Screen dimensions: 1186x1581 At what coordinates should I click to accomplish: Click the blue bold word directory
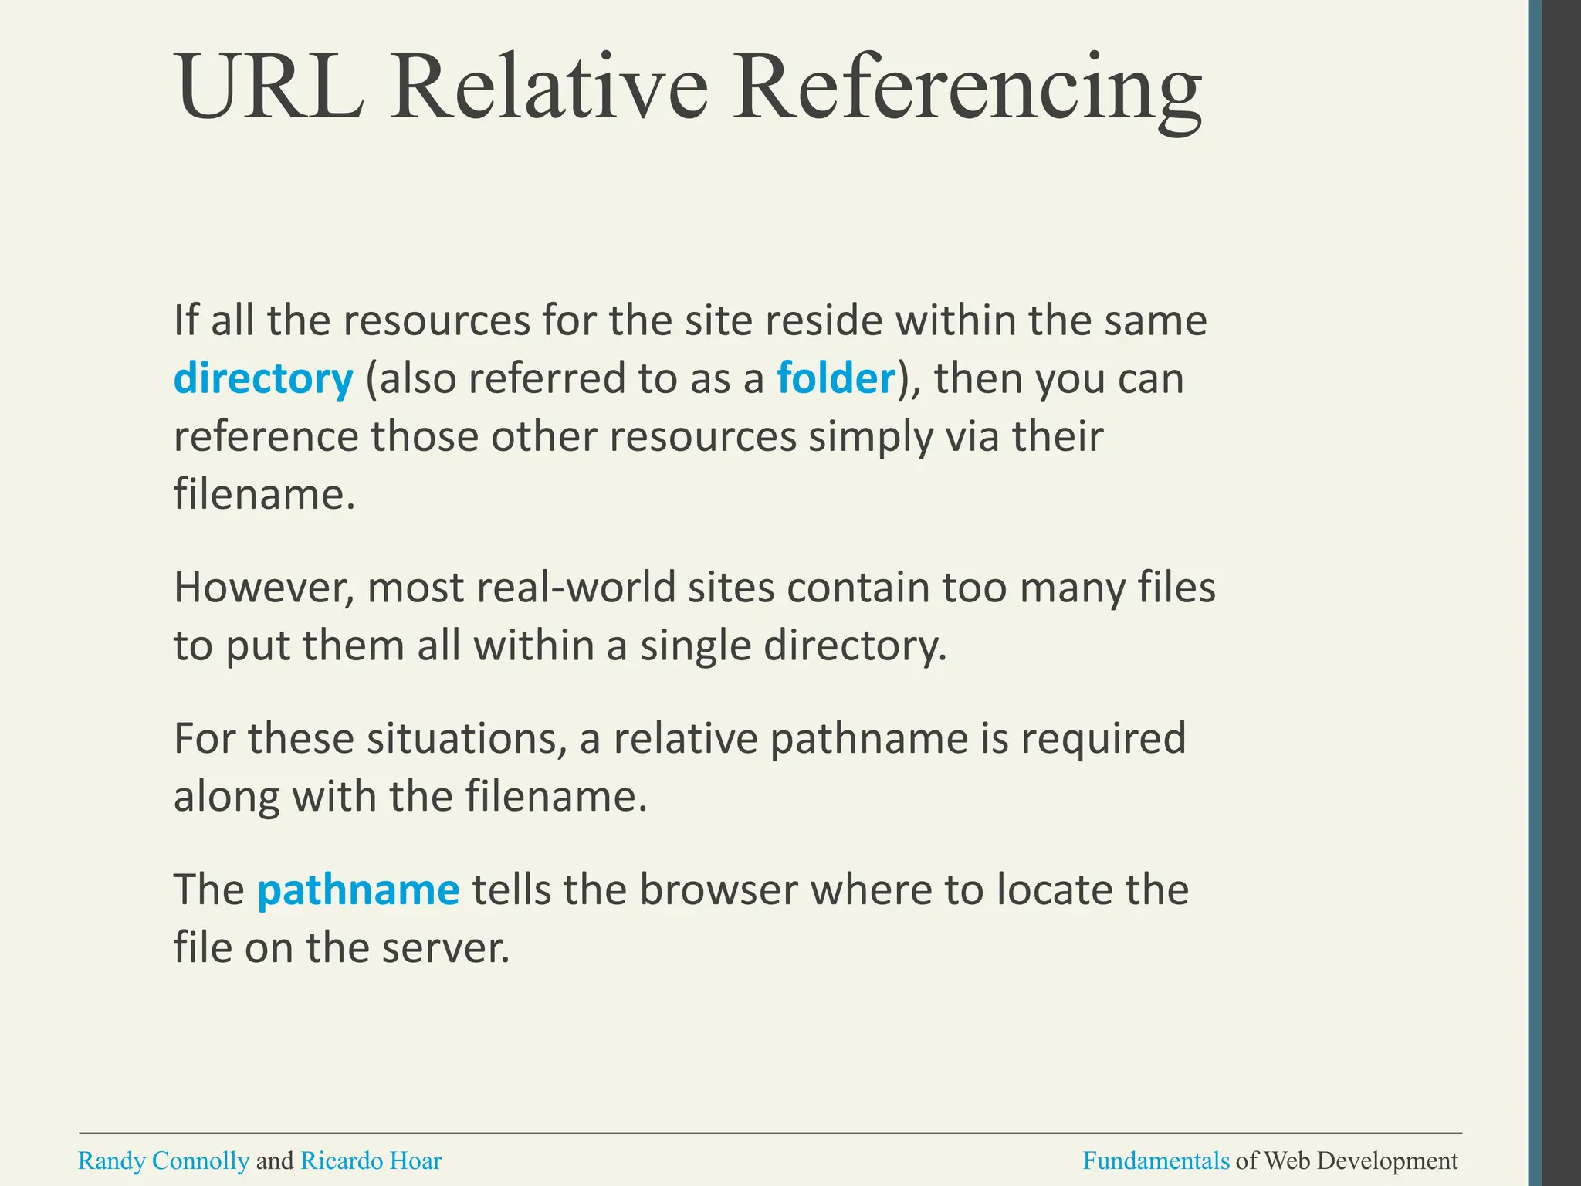(x=263, y=379)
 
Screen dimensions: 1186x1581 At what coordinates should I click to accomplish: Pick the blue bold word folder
(x=835, y=378)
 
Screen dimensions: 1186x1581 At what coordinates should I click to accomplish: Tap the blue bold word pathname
(x=358, y=889)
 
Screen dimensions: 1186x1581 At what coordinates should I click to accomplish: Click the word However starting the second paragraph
(x=264, y=588)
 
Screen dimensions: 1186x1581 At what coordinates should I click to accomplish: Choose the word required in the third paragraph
(x=1103, y=739)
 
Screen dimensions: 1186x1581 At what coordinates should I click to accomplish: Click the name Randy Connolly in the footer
(x=164, y=1161)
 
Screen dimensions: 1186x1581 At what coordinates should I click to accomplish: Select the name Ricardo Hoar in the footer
(x=371, y=1161)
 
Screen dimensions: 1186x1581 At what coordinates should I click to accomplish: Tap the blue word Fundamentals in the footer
(x=1156, y=1161)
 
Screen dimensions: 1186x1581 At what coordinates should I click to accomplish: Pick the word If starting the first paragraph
(x=186, y=320)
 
